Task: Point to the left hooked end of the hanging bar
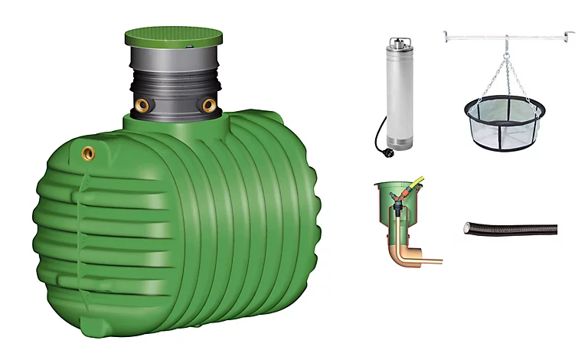pyautogui.click(x=446, y=34)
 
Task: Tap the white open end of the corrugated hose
pyautogui.click(x=466, y=227)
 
